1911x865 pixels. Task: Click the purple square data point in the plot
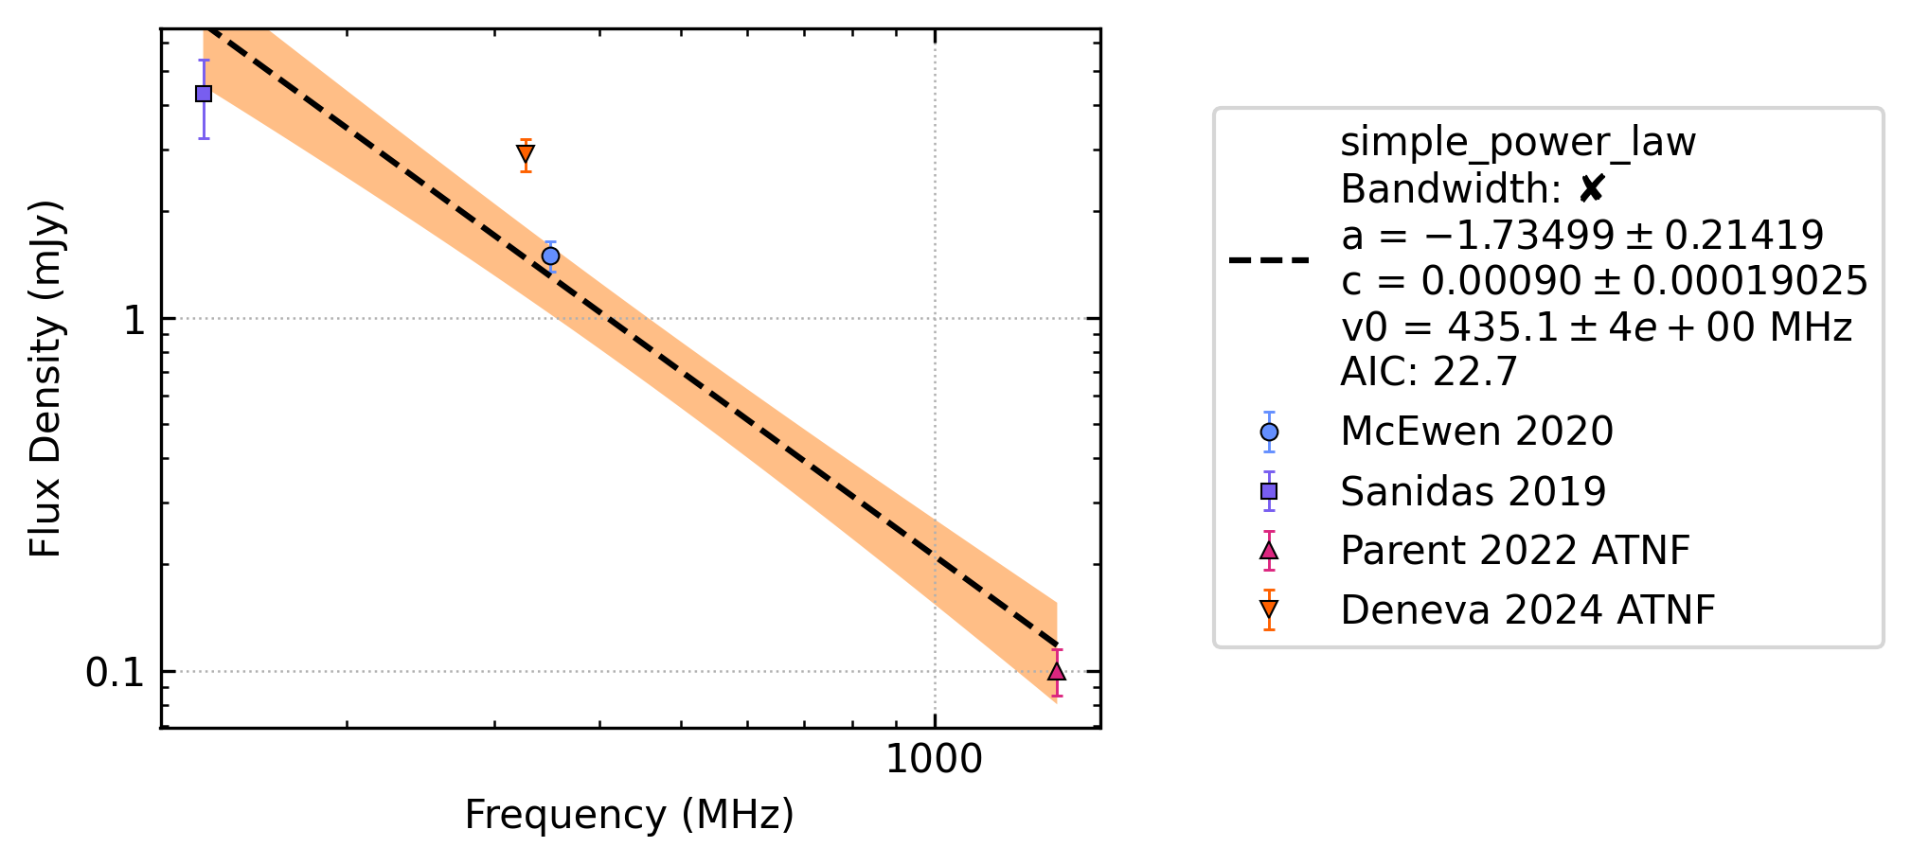coord(204,94)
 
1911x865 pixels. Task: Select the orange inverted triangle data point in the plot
coord(526,154)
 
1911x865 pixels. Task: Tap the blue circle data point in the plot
coord(550,256)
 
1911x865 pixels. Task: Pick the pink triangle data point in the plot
coord(1057,671)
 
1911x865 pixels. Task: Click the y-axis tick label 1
coord(134,320)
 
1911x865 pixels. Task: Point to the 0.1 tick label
coord(115,673)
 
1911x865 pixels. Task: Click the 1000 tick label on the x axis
coord(934,760)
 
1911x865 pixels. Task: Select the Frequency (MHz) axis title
coord(630,815)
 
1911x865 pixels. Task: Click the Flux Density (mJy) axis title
coord(45,379)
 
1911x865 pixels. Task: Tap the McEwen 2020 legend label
coord(1476,432)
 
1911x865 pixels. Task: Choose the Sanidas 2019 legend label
coord(1473,491)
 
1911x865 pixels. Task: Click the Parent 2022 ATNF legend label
coord(1515,551)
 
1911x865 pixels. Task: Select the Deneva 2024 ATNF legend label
coord(1527,610)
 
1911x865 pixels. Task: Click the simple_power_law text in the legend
coord(1518,143)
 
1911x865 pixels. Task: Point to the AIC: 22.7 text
coord(1429,372)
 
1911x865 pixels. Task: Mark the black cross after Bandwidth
coord(1591,190)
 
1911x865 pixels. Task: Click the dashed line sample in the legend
coord(1269,259)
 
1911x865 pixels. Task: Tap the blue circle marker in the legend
coord(1269,432)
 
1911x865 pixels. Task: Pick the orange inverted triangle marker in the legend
coord(1269,610)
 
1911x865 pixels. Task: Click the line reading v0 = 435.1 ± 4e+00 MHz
coord(1596,327)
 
